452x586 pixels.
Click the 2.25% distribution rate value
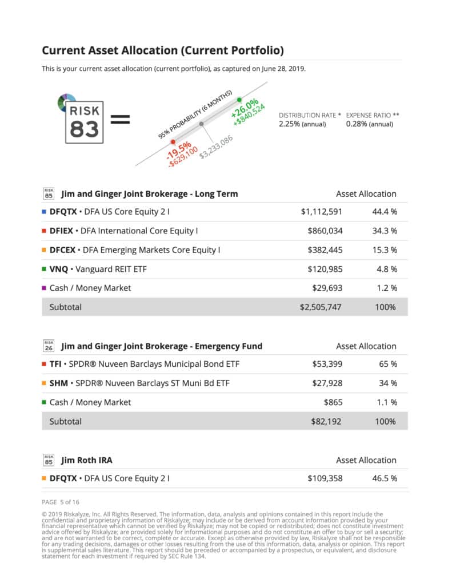(x=290, y=124)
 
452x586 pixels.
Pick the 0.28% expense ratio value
(x=357, y=124)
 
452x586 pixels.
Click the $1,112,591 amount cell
(x=321, y=212)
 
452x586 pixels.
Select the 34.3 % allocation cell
(x=384, y=231)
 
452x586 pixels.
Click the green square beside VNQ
(x=45, y=269)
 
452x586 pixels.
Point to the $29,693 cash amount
(x=327, y=288)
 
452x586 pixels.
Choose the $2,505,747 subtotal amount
(x=321, y=307)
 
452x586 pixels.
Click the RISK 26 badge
(x=49, y=346)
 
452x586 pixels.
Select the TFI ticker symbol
(x=56, y=364)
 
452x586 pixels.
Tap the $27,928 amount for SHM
(x=327, y=383)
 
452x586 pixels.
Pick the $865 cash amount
(x=333, y=402)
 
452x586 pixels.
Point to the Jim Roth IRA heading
(x=86, y=460)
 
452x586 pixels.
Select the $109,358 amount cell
(x=325, y=478)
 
